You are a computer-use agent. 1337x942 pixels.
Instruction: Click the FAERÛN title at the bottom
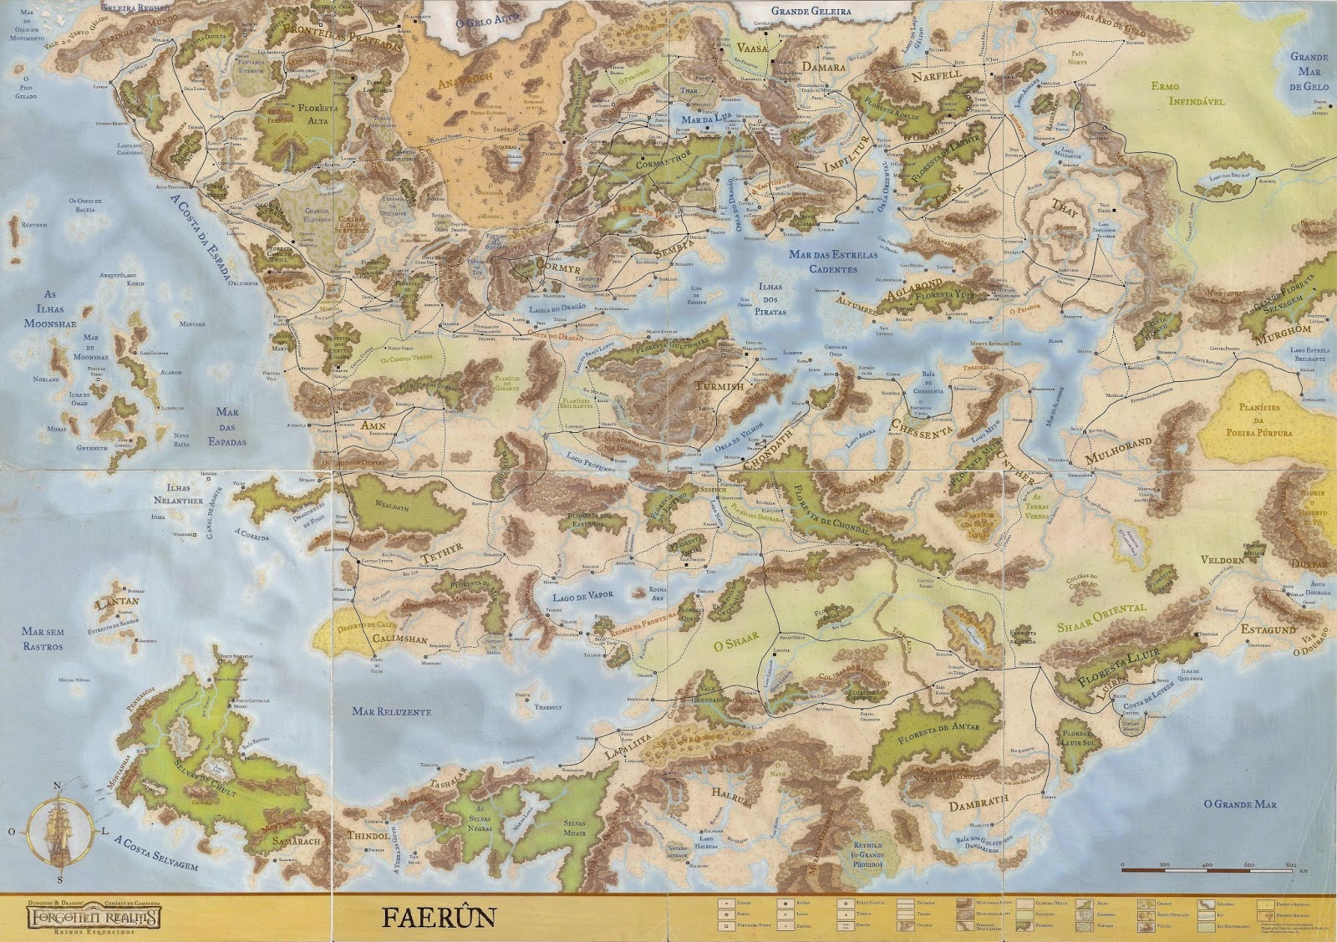tap(439, 916)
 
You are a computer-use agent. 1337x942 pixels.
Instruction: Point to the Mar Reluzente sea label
tap(391, 711)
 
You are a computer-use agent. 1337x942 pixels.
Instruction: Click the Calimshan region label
tap(399, 639)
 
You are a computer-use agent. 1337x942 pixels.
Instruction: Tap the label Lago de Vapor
tap(582, 596)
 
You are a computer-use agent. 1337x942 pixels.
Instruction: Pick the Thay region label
tap(1064, 207)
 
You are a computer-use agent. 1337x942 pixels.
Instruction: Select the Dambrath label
tap(979, 803)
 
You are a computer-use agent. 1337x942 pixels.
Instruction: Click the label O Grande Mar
tap(1239, 804)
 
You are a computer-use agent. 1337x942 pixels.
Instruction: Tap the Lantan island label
tap(117, 602)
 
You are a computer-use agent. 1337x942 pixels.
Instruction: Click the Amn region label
tap(374, 425)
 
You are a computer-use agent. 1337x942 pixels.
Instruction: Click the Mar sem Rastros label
tap(43, 639)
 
